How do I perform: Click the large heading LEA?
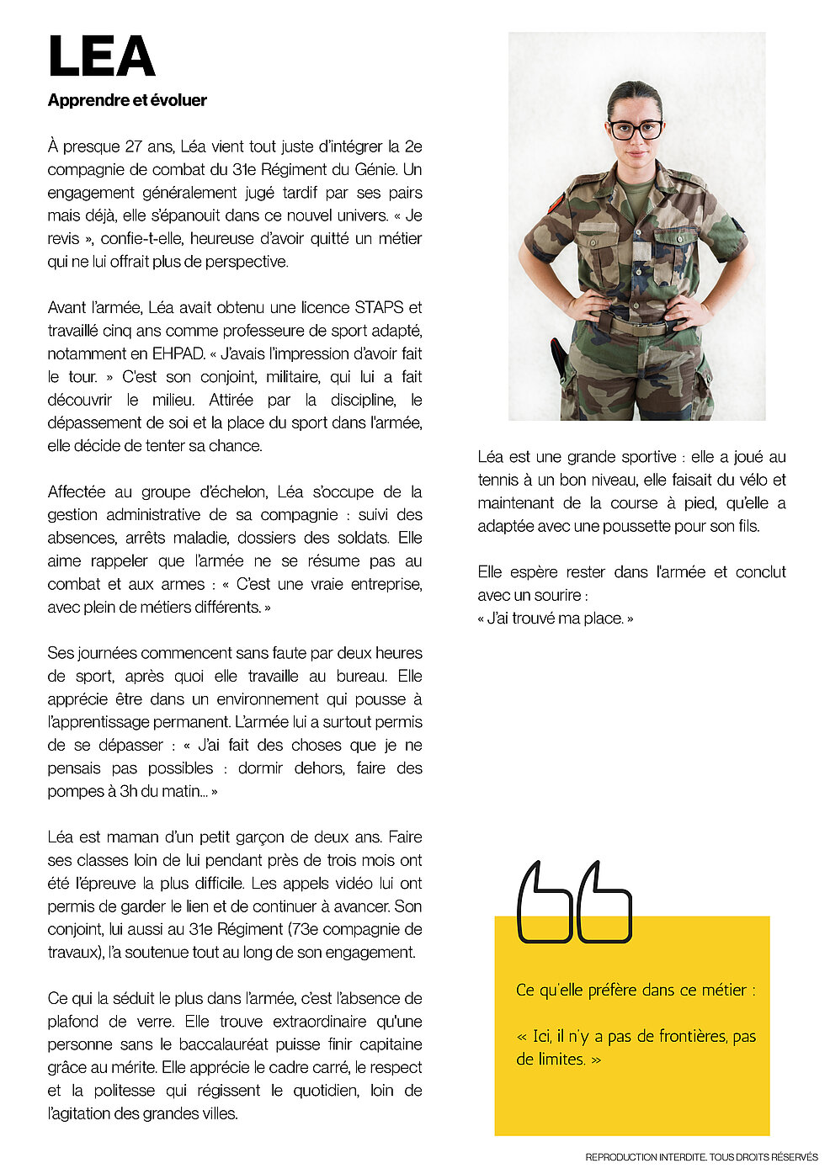pyautogui.click(x=101, y=57)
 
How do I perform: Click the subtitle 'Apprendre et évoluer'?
pyautogui.click(x=127, y=100)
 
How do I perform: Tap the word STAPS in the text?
pyautogui.click(x=379, y=307)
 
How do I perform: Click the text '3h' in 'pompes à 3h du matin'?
pyautogui.click(x=130, y=791)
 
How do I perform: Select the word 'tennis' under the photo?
pyautogui.click(x=497, y=480)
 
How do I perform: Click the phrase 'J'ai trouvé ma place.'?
pyautogui.click(x=556, y=618)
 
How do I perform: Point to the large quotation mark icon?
pyautogui.click(x=574, y=902)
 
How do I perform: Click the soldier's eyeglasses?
pyautogui.click(x=636, y=130)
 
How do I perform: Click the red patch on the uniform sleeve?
pyautogui.click(x=556, y=203)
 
